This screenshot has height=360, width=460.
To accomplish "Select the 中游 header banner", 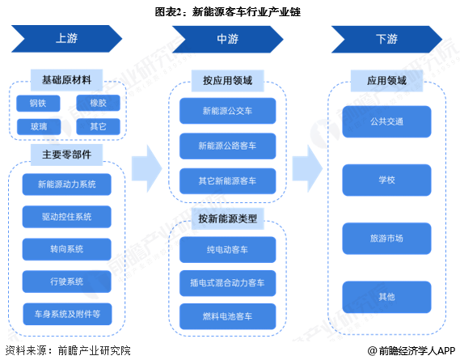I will coord(226,38).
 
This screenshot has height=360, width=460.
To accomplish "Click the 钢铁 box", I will coord(38,103).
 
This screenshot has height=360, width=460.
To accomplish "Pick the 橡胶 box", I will coord(98,103).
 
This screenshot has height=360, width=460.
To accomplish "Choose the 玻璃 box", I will coord(38,127).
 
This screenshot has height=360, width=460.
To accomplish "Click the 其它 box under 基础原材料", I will coord(98,127).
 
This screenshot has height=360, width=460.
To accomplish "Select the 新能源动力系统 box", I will coord(67,184).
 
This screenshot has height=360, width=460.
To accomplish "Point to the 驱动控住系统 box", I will coord(67,217).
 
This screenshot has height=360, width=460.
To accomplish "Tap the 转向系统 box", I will coord(67,248).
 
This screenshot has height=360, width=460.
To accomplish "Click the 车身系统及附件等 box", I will coord(67,313).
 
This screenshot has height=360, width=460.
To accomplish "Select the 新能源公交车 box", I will coord(227,112).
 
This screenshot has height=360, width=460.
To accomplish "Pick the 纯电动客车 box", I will coord(227,250).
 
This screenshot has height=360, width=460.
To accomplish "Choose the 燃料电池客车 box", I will coord(227,315).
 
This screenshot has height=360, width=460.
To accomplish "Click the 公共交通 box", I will coord(386,122).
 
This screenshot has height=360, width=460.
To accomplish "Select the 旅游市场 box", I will coord(386,239).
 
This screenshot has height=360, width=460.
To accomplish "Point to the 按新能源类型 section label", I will coord(227,219).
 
